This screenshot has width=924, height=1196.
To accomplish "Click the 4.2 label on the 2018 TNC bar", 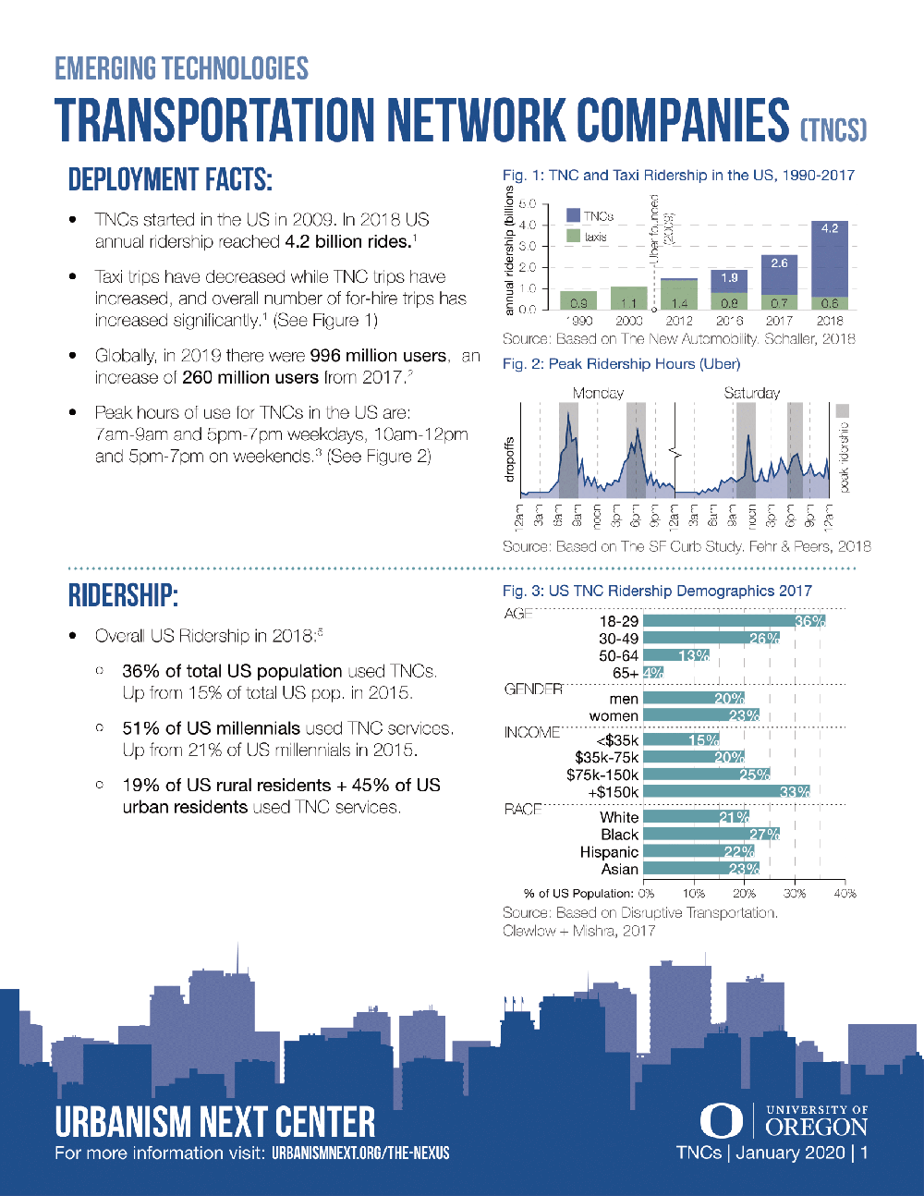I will click(829, 228).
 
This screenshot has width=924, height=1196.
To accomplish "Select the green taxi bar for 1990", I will click(578, 300).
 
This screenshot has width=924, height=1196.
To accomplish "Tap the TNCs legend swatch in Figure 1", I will click(573, 216).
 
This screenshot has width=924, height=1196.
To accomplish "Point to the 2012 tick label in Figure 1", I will click(679, 321).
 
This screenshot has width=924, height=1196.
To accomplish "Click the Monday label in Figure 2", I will click(598, 393).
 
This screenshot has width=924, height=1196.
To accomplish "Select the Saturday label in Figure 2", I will click(751, 393).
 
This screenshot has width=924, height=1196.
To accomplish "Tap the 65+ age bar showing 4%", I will click(653, 673).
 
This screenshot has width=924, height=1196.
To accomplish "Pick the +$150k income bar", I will click(726, 791).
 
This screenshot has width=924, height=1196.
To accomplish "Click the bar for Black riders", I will click(711, 834).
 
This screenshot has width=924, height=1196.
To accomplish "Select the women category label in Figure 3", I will click(614, 716).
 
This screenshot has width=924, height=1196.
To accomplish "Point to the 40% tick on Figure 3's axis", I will click(844, 894).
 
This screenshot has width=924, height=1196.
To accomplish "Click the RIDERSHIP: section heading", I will click(123, 596).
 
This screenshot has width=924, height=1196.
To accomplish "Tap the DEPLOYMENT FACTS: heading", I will click(170, 179).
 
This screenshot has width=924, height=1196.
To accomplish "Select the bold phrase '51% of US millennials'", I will click(212, 728).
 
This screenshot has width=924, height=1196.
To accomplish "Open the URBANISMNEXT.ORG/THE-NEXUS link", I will click(360, 1153).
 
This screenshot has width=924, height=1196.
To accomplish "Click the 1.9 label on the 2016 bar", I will click(729, 277).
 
